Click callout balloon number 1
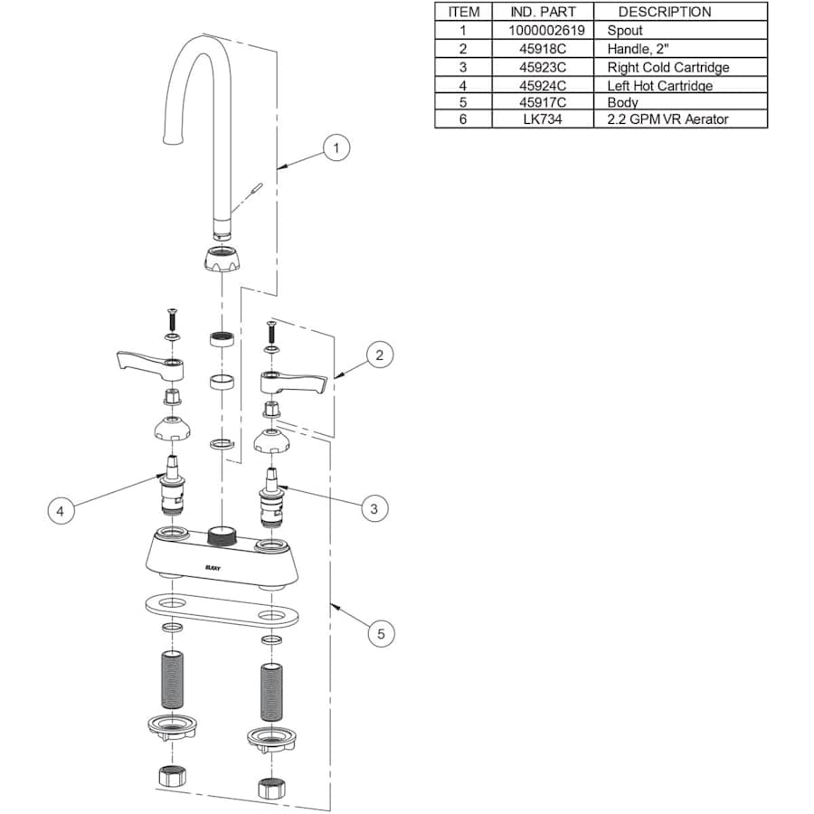pyautogui.click(x=336, y=147)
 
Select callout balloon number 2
pyautogui.click(x=379, y=355)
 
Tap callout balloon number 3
pyautogui.click(x=374, y=509)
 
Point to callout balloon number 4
pyautogui.click(x=61, y=511)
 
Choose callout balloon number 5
pyautogui.click(x=381, y=634)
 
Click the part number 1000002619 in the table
pyautogui.click(x=543, y=30)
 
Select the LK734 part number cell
pyautogui.click(x=543, y=118)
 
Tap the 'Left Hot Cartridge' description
pyautogui.click(x=659, y=86)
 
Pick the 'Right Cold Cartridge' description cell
pyautogui.click(x=667, y=67)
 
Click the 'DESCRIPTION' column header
pyautogui.click(x=665, y=12)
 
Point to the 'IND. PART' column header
pyautogui.click(x=543, y=12)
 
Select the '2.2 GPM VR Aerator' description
pyautogui.click(x=667, y=118)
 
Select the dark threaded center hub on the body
pyautogui.click(x=221, y=534)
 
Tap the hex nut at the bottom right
pyautogui.click(x=269, y=787)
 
